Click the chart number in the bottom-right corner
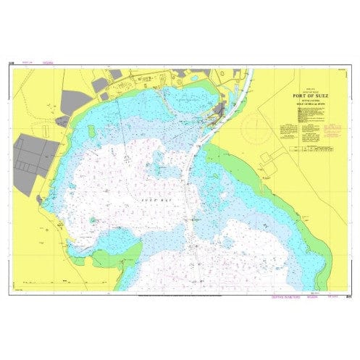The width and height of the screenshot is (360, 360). click(x=349, y=296)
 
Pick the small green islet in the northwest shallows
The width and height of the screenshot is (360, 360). click(x=92, y=131)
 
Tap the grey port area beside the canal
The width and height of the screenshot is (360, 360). click(x=217, y=112)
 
